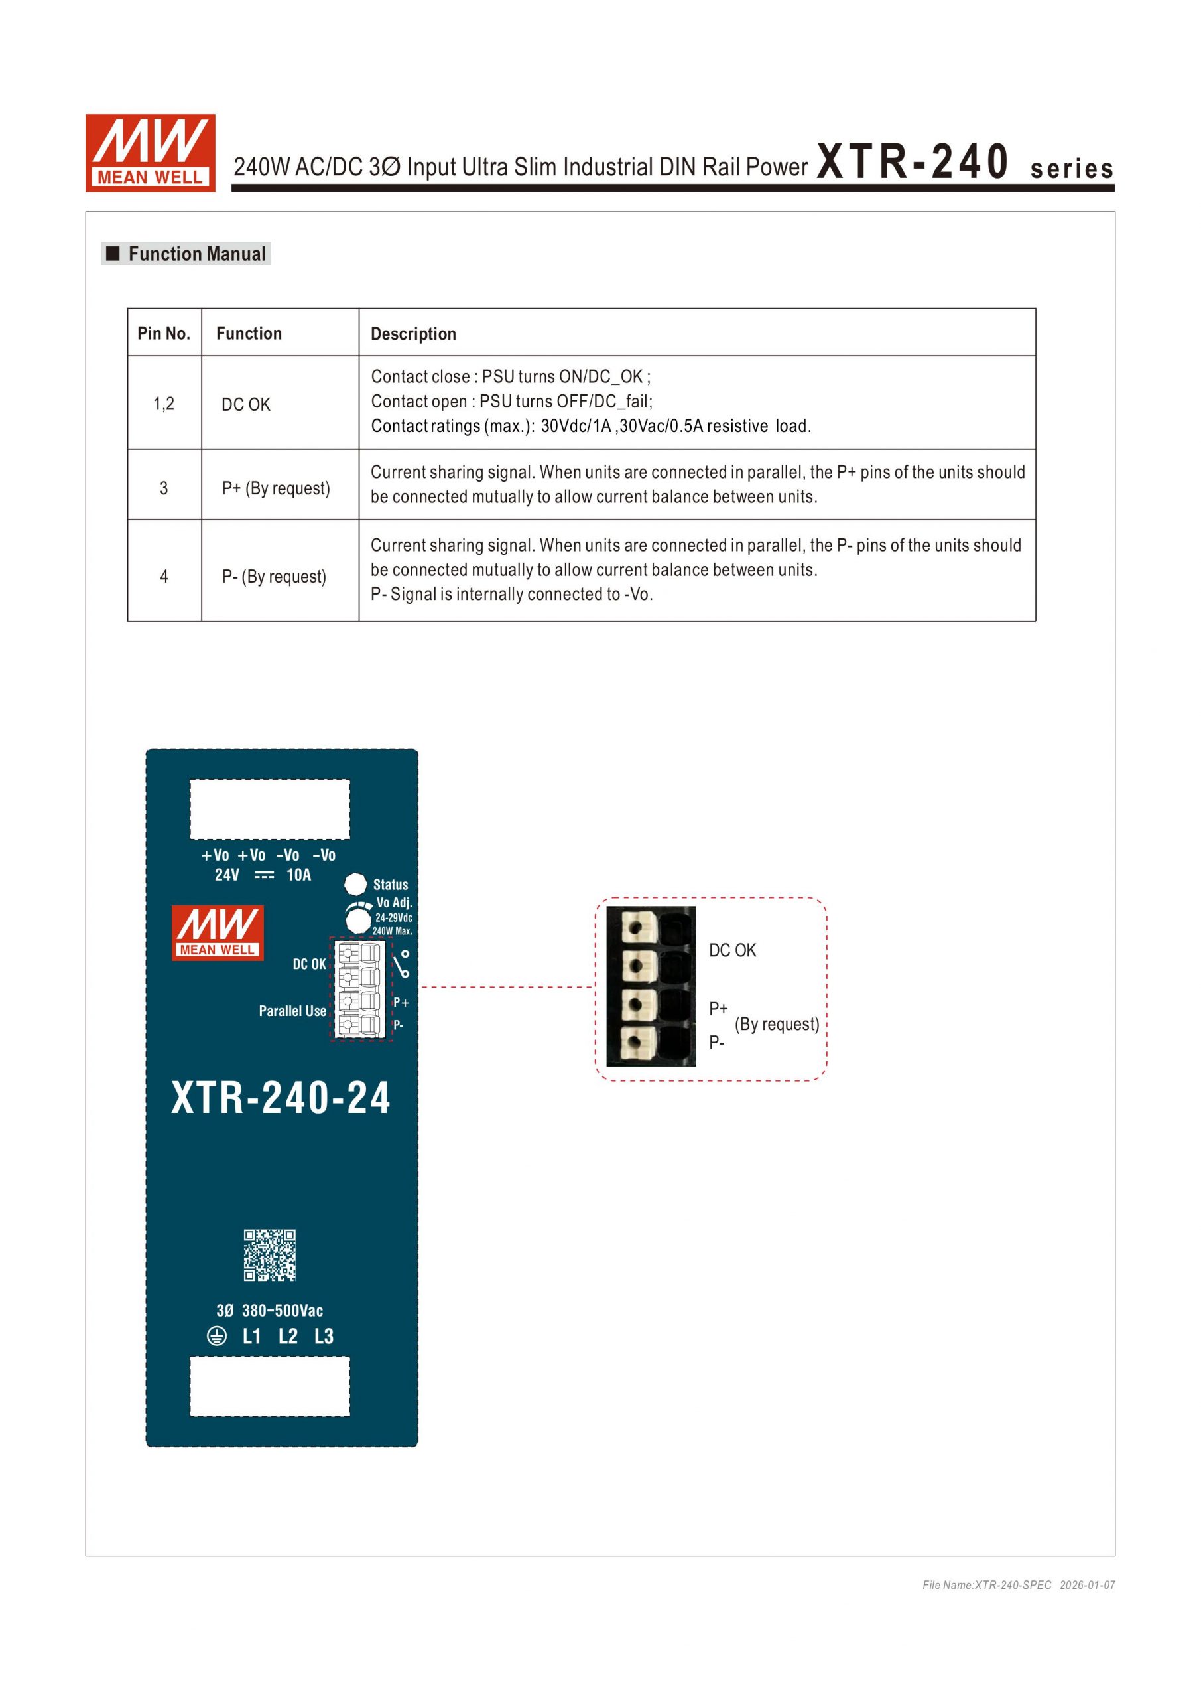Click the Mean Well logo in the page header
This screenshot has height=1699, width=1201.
[x=150, y=153]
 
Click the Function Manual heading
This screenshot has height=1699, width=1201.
[x=196, y=254]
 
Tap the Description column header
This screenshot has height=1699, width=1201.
[x=412, y=334]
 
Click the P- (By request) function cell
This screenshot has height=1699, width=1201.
[x=274, y=577]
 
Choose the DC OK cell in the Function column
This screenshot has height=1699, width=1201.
[x=245, y=404]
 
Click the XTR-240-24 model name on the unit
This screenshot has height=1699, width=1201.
[x=281, y=1098]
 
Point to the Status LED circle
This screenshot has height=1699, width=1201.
[x=355, y=883]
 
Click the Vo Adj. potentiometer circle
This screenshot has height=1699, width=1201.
[x=358, y=921]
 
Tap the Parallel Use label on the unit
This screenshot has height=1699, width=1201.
[x=292, y=1011]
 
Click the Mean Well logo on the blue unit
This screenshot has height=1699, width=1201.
[x=218, y=932]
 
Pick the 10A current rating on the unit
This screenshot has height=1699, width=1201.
[x=299, y=875]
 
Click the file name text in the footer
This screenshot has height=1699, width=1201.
[x=987, y=1584]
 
